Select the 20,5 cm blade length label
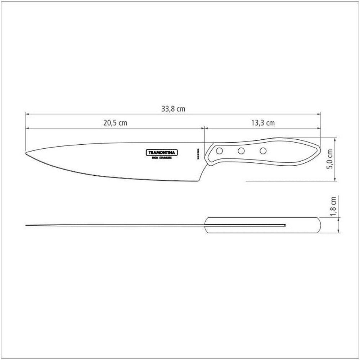tap(115, 123)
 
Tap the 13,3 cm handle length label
tap(262, 123)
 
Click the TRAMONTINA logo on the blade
tap(161, 153)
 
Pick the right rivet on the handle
tap(263, 150)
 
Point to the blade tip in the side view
tap(27, 154)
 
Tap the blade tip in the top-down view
tap(27, 226)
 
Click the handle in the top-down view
tap(263, 225)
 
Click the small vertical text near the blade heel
tap(198, 154)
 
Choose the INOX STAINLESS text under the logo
tap(161, 158)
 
